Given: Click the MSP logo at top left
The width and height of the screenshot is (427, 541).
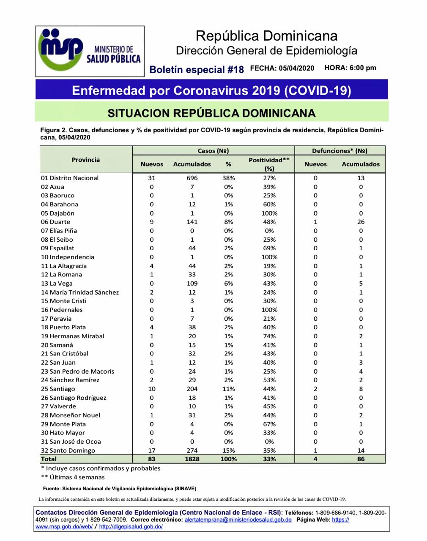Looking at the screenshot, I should click(x=90, y=51).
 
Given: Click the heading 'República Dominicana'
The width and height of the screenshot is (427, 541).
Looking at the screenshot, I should click(x=266, y=36).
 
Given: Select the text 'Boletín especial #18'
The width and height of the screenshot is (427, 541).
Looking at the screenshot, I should click(x=197, y=70).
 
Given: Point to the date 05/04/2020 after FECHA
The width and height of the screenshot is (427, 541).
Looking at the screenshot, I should click(x=296, y=68).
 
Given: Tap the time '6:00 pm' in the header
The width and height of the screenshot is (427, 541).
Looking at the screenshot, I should click(x=363, y=68).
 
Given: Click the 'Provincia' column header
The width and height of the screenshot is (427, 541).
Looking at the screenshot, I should click(x=86, y=160).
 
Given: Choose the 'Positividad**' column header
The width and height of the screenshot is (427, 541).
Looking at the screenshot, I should click(x=269, y=160).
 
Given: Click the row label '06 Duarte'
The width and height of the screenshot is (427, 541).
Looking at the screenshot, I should click(x=56, y=222).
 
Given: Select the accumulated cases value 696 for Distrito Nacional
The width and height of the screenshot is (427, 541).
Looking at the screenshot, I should click(x=192, y=178).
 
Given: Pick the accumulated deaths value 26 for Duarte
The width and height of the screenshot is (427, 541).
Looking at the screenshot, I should click(x=361, y=222).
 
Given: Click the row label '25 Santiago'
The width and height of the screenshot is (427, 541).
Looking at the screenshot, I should click(x=58, y=389).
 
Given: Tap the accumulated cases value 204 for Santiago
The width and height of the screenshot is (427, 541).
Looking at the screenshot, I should click(x=192, y=389).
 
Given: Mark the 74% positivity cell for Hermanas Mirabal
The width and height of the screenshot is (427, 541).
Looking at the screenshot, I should click(x=269, y=336).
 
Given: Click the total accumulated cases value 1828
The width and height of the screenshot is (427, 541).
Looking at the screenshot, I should click(x=192, y=459).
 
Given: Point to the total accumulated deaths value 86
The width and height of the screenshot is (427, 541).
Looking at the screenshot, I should click(x=361, y=459).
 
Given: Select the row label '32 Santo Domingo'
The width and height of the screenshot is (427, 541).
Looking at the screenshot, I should click(x=68, y=451).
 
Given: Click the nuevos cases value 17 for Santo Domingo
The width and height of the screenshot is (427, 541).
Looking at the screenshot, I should click(x=152, y=451).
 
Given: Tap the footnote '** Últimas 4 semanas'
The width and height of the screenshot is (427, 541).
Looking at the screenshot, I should click(x=73, y=477).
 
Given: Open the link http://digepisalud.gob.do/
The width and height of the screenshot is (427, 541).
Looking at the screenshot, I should click(x=131, y=527).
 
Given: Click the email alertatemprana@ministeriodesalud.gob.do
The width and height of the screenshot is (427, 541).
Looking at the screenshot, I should click(x=238, y=520).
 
